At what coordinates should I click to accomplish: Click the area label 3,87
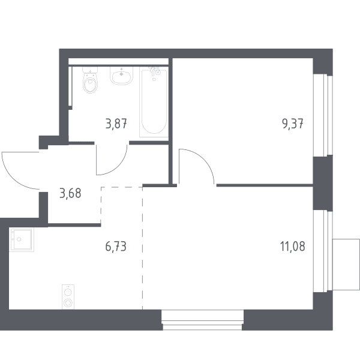point(116,124)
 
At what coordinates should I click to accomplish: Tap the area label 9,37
point(293,124)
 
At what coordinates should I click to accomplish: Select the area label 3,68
point(70,193)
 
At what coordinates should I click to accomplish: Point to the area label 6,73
point(116,247)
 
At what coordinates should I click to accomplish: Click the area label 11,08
point(293,247)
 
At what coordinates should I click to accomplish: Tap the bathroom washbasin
point(121,76)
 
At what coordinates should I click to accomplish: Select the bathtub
point(154,103)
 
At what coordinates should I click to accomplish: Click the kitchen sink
point(22,239)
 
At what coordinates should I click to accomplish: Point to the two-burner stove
point(68,296)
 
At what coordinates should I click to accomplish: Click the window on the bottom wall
point(202,320)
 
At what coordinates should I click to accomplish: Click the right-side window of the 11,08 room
point(323,251)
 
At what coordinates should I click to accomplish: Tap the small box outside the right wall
point(346,264)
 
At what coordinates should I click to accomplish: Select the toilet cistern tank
point(90,70)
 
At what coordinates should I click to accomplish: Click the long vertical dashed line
point(142,248)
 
